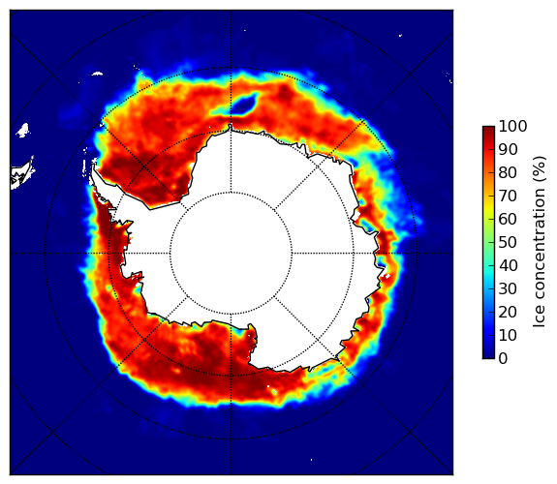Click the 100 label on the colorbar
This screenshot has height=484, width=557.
(x=512, y=126)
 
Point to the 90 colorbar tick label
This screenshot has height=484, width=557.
(x=508, y=149)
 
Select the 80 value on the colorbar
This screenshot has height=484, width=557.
(x=508, y=172)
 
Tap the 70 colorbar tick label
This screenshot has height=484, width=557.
(x=508, y=196)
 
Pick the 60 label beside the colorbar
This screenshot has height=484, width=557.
(x=508, y=219)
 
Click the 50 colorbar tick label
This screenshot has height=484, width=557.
(x=508, y=243)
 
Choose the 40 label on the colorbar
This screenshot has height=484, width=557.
(x=508, y=265)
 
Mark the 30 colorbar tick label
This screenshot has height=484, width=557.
(x=508, y=289)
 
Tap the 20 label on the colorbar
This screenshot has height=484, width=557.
(x=508, y=312)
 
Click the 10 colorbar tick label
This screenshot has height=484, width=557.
(x=508, y=335)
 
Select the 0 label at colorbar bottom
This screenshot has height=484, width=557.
(x=504, y=359)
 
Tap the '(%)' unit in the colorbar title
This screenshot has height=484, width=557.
(x=540, y=170)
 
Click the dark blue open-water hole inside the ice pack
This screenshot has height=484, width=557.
(x=245, y=104)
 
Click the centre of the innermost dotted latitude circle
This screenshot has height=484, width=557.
(x=231, y=254)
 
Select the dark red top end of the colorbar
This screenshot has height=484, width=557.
(x=488, y=130)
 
